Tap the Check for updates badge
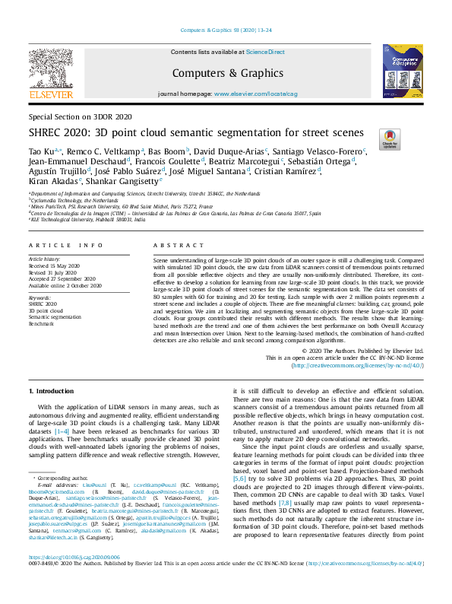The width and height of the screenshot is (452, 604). click(x=389, y=137)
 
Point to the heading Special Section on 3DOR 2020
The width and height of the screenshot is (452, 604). click(x=80, y=116)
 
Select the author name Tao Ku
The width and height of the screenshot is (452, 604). click(x=40, y=152)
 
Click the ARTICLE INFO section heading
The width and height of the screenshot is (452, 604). click(x=65, y=245)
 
